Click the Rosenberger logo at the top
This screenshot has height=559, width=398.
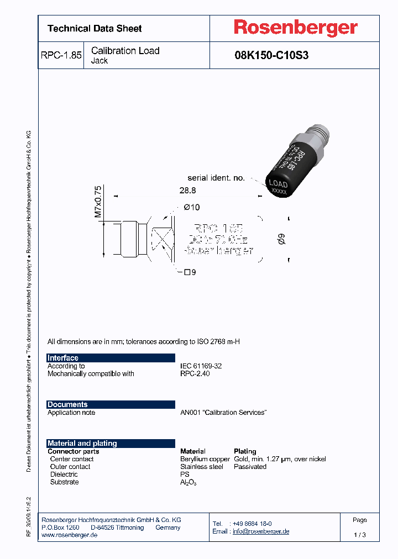point(295,28)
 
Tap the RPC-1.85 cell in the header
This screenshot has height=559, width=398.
point(61,55)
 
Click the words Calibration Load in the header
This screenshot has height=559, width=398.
point(125,51)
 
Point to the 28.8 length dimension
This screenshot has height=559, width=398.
point(188,190)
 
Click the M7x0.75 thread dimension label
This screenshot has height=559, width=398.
point(98,201)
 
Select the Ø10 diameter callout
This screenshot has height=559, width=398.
point(191,207)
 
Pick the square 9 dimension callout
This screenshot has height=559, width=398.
point(190,272)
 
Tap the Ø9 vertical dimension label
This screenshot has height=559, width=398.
point(281,240)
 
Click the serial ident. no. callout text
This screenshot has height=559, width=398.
point(216,178)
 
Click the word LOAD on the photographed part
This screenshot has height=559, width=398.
point(277,184)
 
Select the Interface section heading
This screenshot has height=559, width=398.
point(63,358)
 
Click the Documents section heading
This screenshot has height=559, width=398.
point(67,404)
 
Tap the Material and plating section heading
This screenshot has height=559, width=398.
point(82,443)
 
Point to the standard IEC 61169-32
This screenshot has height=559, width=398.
point(201,366)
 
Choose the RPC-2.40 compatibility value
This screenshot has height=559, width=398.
point(195,374)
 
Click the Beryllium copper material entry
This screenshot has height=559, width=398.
point(205,459)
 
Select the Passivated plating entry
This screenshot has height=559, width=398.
point(250,467)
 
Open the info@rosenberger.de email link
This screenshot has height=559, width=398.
point(260,531)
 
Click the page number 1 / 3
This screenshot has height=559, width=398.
point(359,535)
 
